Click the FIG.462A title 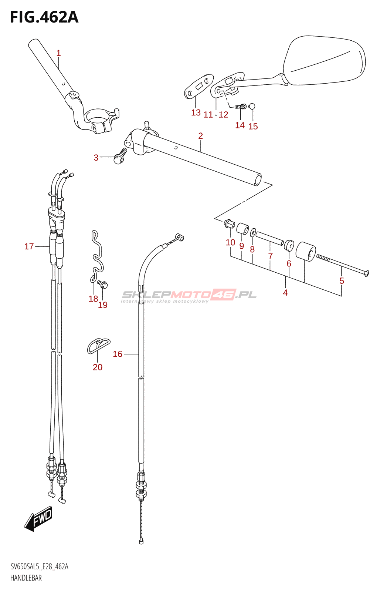click(x=44, y=17)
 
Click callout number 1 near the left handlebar click(x=58, y=53)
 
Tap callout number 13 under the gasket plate click(x=196, y=112)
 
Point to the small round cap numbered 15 click(x=252, y=107)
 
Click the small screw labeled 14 click(x=241, y=107)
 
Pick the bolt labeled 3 click(x=119, y=157)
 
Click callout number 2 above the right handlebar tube click(x=200, y=136)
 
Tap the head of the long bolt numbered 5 click(x=366, y=274)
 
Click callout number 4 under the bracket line click(x=285, y=293)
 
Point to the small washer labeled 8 click(x=253, y=233)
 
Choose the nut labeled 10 click(x=228, y=223)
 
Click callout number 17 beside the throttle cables click(x=29, y=246)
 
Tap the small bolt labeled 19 click(x=102, y=285)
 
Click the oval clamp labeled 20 click(x=98, y=345)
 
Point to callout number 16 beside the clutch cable click(x=118, y=354)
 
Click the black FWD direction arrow click(x=38, y=518)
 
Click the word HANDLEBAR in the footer click(x=26, y=578)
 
